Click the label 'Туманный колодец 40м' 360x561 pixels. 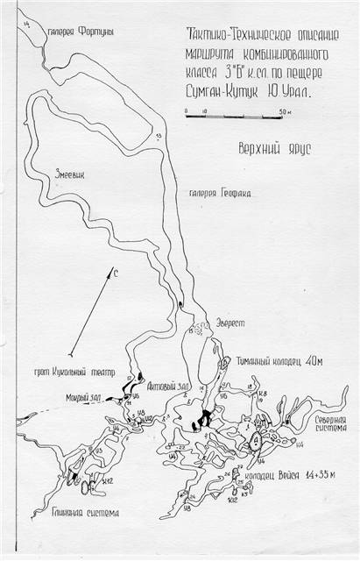click(x=274, y=359)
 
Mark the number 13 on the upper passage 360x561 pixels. click(x=159, y=137)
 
